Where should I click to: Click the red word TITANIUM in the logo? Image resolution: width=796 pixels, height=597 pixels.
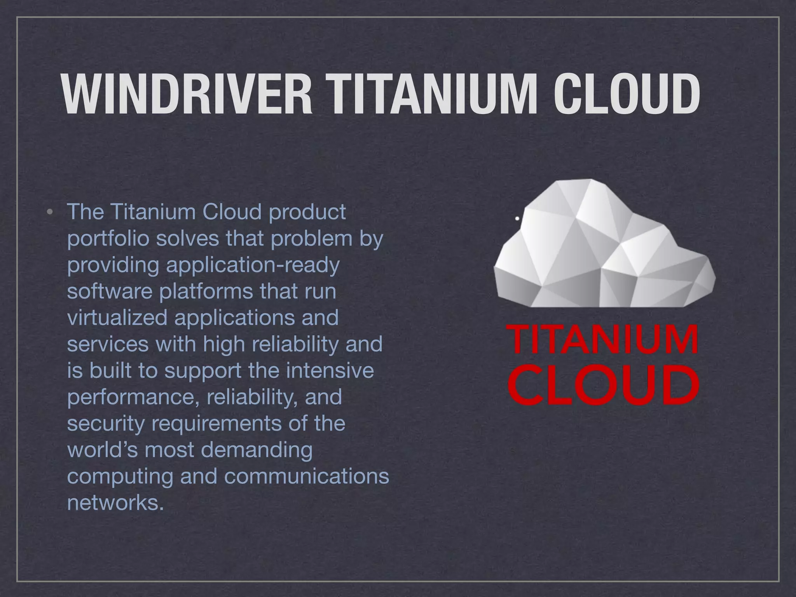click(603, 340)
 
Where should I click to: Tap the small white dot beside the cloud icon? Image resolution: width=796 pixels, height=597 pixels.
click(517, 219)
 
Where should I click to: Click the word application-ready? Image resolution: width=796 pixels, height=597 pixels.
click(253, 265)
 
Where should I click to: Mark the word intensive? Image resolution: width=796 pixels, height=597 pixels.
click(330, 370)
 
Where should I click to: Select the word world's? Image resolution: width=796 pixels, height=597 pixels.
click(102, 450)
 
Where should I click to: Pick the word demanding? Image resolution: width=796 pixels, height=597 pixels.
click(257, 450)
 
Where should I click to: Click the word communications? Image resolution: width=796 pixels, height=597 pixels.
click(307, 476)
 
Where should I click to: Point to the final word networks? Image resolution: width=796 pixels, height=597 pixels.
click(113, 503)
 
